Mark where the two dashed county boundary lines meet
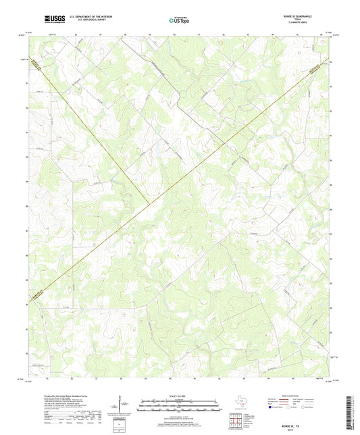[149, 200]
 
